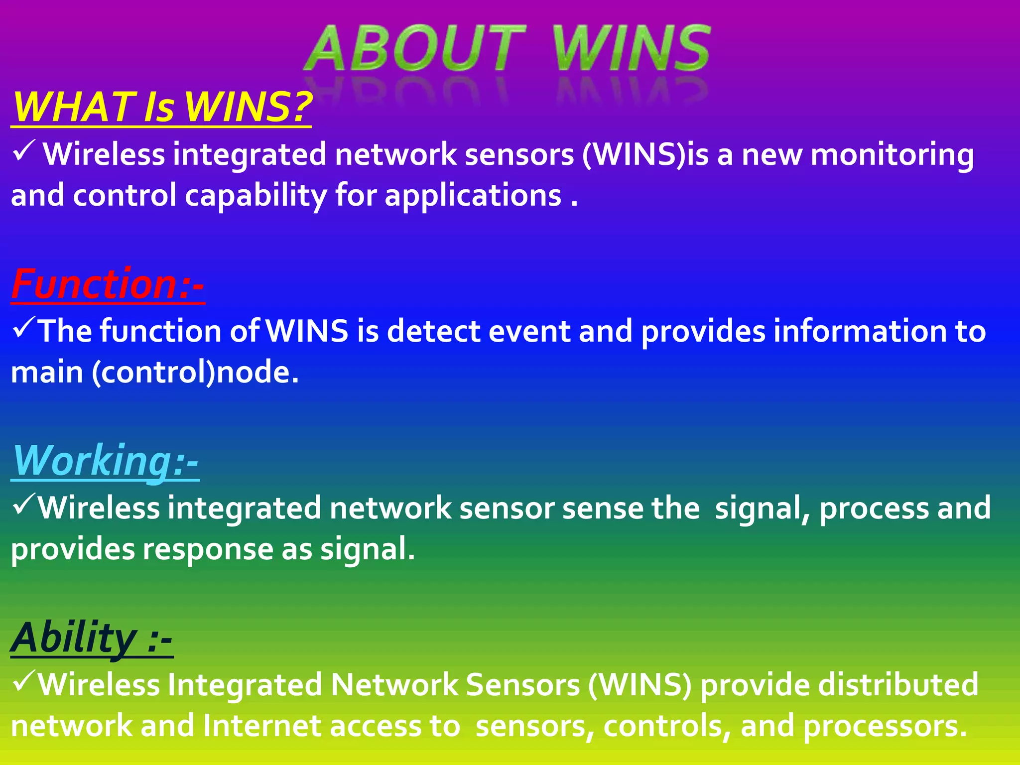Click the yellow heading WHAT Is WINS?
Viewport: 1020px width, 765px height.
point(162,107)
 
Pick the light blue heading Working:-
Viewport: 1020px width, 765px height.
point(105,461)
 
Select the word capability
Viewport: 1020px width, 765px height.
point(255,196)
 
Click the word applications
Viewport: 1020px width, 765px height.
point(473,196)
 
